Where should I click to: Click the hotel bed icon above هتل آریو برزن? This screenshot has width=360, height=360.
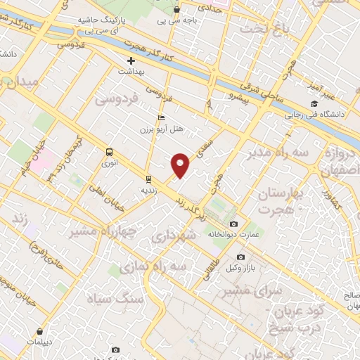click(x=162, y=118)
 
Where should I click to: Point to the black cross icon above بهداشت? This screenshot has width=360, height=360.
click(x=131, y=61)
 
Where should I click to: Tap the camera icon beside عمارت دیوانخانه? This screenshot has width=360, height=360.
click(x=234, y=224)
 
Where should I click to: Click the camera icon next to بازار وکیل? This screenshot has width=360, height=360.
click(x=241, y=257)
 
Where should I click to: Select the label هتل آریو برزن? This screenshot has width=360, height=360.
click(x=169, y=129)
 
